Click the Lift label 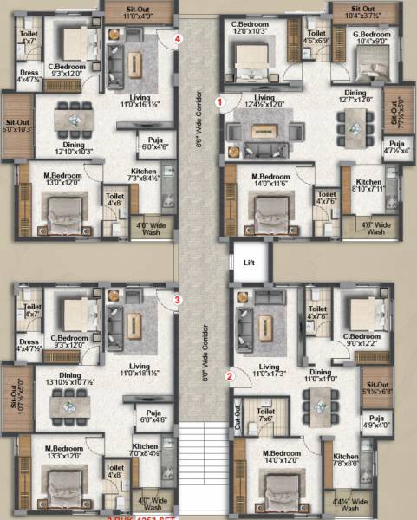[x=249, y=261]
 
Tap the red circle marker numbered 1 [x=221, y=101]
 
